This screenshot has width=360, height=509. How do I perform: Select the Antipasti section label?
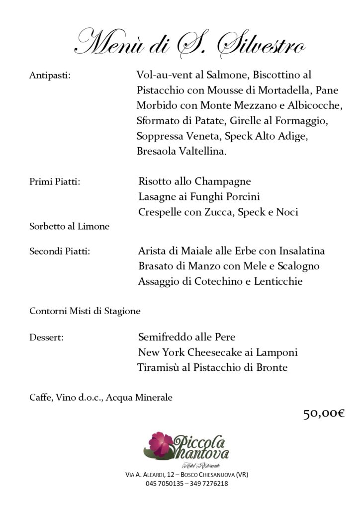tap(50, 76)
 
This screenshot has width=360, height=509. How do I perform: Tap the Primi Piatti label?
tap(55, 182)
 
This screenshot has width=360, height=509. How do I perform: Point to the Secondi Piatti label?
tap(60, 252)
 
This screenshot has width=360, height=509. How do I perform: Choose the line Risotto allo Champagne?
tap(194, 181)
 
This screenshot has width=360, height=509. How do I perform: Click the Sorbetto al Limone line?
tap(70, 227)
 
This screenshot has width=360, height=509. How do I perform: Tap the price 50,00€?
tap(324, 414)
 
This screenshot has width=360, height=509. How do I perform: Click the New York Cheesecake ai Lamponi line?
tap(218, 353)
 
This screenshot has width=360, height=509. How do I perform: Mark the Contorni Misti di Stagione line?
tap(85, 312)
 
